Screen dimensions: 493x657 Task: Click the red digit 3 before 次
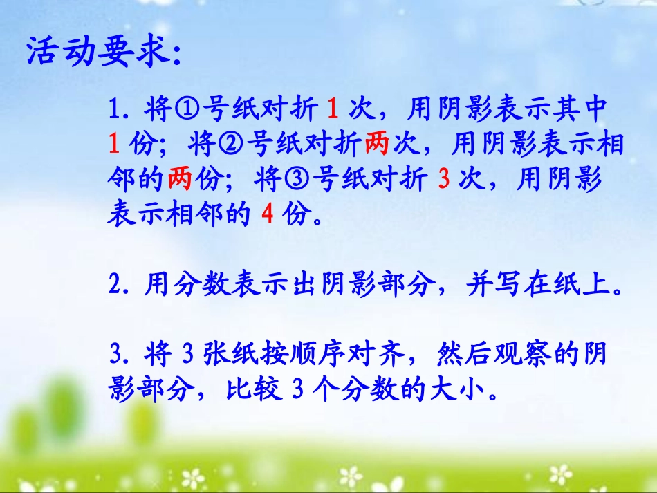[445, 180]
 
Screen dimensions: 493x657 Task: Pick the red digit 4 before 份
[268, 215]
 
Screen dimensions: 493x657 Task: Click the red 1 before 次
[331, 109]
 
